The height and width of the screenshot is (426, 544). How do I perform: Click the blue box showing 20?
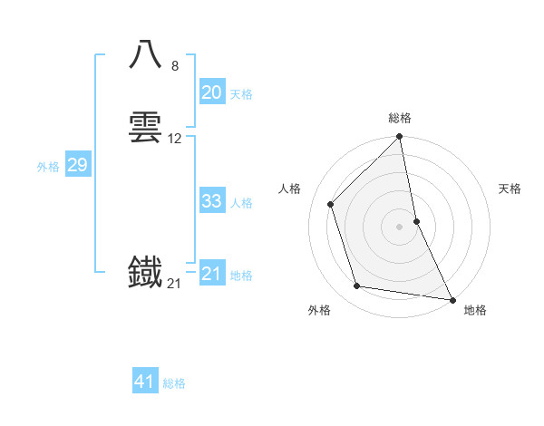point(211,92)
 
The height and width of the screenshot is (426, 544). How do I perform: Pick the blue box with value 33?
point(211,201)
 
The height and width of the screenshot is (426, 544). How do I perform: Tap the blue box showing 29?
point(77,165)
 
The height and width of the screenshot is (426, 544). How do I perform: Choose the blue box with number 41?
point(145,382)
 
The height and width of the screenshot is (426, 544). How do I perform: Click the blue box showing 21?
point(211,274)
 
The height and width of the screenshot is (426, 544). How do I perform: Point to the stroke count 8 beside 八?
point(175,65)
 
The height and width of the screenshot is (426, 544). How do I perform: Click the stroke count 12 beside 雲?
point(175,139)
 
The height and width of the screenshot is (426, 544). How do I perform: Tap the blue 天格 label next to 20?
point(241,94)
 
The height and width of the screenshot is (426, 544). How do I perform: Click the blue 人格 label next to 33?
point(241,203)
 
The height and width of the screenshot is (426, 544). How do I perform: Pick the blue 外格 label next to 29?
point(48,167)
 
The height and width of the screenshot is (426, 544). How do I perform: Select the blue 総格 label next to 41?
point(174,383)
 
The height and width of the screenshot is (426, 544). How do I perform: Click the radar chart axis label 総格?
point(400,118)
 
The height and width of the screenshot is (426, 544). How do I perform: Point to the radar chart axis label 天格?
point(510,189)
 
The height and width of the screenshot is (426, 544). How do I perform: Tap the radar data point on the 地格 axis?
point(452,299)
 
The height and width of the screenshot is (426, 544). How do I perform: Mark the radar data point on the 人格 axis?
point(331,204)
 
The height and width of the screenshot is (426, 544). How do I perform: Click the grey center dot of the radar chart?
point(399,227)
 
